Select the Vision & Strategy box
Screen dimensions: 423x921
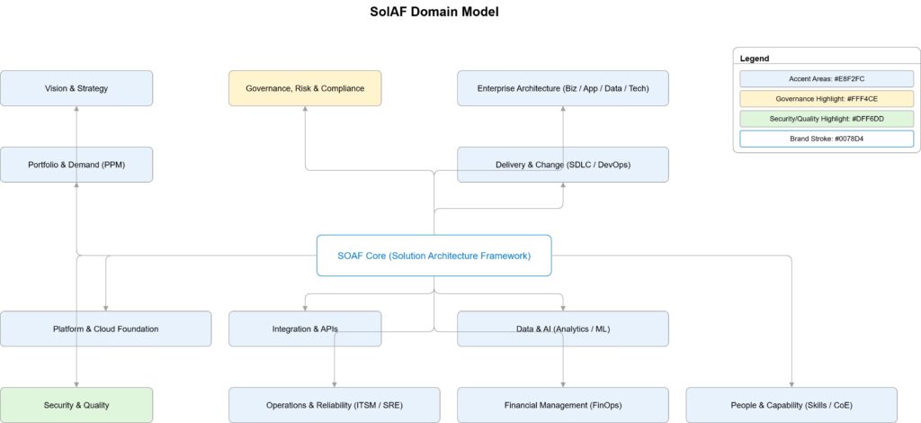(76, 88)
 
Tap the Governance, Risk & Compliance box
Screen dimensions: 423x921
(305, 88)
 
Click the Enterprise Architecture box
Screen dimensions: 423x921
(563, 88)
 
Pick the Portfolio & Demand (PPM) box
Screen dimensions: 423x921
(76, 165)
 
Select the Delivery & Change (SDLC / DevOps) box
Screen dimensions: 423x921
(563, 165)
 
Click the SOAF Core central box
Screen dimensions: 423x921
(434, 256)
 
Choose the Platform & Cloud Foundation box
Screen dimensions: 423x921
(105, 328)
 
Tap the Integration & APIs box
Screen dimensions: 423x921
(305, 328)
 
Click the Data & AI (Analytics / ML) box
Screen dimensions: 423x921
(563, 328)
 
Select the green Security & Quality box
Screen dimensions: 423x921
(76, 405)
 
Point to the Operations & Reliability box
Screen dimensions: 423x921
(335, 405)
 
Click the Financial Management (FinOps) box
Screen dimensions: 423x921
(563, 405)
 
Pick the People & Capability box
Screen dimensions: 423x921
(791, 405)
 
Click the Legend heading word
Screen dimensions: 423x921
(755, 58)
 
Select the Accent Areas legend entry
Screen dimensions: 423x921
(826, 79)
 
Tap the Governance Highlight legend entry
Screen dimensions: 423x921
(826, 99)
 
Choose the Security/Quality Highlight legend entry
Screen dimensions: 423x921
(826, 119)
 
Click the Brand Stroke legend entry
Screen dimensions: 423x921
(826, 139)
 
